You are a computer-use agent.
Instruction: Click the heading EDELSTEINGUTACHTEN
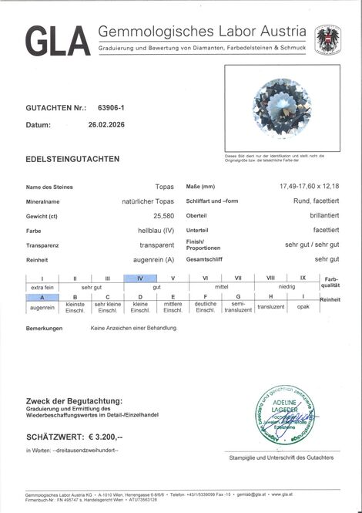tap(72, 158)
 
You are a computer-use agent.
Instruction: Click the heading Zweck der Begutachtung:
tap(75, 401)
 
